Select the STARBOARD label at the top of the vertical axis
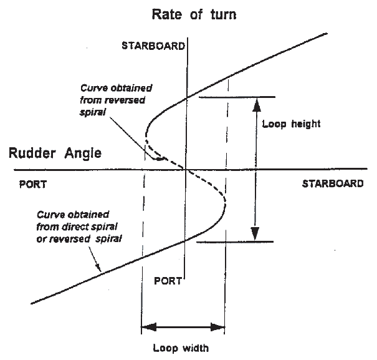153,46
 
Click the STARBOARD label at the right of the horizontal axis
332,184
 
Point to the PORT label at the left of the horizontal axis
32,185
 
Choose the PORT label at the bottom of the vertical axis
168,280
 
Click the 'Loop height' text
292,124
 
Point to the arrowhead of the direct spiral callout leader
97,268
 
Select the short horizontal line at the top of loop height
237,97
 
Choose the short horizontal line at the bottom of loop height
237,242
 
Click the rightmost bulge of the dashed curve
225,202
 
